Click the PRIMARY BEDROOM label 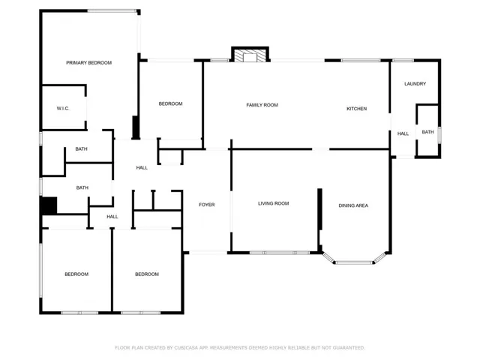88,63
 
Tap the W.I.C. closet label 63,108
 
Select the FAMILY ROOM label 262,105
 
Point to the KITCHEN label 357,109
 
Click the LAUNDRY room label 415,83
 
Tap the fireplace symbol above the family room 250,55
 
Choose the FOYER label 207,205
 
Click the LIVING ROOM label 273,203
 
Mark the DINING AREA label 353,205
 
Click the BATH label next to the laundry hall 427,132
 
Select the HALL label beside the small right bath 403,133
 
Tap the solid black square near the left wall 49,205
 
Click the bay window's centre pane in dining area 354,262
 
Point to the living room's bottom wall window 280,253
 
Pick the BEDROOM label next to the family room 170,103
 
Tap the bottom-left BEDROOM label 76,274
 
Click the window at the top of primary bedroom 112,11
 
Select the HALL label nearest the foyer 142,168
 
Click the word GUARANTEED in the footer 349,348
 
